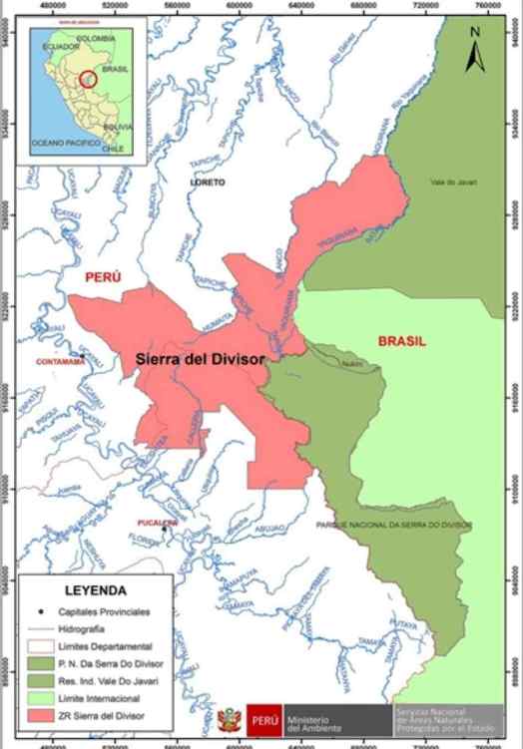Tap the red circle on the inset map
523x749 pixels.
click(88, 78)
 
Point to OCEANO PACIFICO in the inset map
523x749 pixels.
click(65, 144)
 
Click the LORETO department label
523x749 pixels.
click(210, 183)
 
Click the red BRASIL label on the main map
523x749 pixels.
click(401, 340)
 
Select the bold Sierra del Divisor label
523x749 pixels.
click(200, 360)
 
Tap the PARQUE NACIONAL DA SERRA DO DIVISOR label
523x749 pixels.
click(393, 524)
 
